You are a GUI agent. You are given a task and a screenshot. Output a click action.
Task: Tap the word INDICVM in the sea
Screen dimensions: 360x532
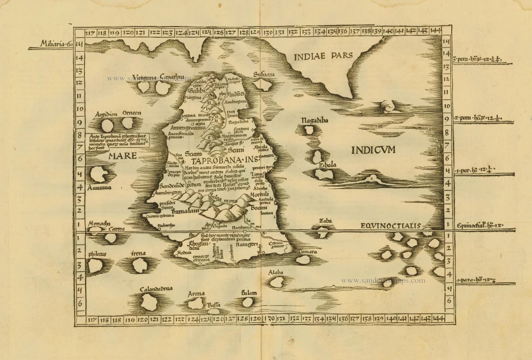pyautogui.click(x=373, y=150)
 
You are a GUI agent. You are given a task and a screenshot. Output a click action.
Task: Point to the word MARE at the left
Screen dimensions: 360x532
pyautogui.click(x=122, y=156)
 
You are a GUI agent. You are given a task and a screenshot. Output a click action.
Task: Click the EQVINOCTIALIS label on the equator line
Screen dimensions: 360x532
pyautogui.click(x=390, y=225)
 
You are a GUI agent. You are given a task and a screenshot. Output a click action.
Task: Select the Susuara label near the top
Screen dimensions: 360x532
pyautogui.click(x=264, y=74)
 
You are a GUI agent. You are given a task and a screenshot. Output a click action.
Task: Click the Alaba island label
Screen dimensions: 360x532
pyautogui.click(x=276, y=272)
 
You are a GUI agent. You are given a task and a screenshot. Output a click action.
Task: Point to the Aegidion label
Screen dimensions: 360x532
pyautogui.click(x=106, y=114)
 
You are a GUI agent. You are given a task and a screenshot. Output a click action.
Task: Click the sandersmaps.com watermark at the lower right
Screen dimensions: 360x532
pyautogui.click(x=383, y=281)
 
